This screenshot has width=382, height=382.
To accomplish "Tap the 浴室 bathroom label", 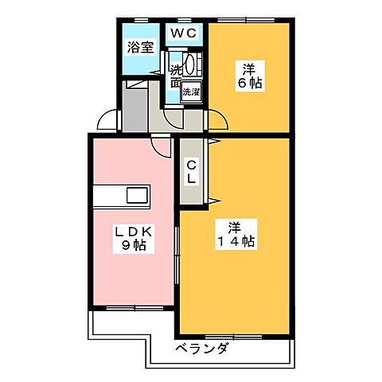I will [x=141, y=46].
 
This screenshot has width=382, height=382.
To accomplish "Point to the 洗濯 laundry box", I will [x=192, y=92].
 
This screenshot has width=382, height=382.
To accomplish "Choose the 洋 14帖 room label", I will [x=236, y=232].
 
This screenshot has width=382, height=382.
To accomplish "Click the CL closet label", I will [x=191, y=170].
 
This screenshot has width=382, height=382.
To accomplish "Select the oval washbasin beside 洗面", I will [x=191, y=65].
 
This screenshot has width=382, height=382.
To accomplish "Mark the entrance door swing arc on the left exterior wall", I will [x=107, y=122].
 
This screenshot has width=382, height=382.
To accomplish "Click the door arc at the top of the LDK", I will [x=162, y=146].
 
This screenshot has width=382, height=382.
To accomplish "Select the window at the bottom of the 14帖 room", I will [x=235, y=333].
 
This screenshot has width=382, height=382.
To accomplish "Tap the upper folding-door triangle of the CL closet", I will [x=213, y=143].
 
